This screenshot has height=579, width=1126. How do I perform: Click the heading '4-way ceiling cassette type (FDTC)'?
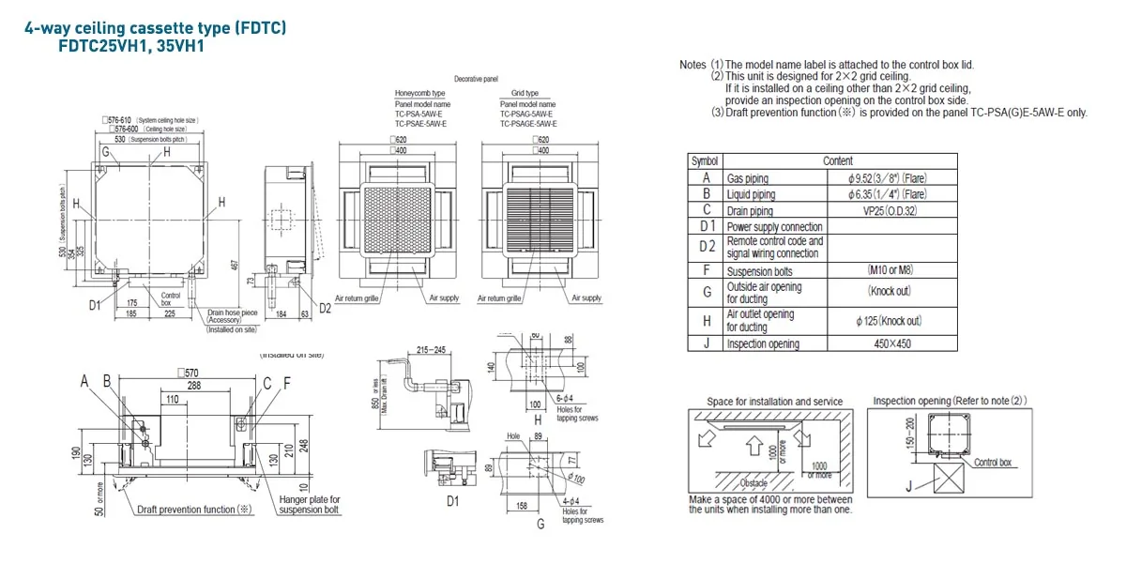click(155, 29)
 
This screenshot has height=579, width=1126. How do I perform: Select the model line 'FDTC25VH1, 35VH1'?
click(126, 46)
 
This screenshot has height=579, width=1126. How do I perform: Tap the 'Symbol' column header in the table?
click(705, 161)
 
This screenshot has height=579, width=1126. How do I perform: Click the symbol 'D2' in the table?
click(707, 247)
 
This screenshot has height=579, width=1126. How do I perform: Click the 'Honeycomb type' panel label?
click(419, 94)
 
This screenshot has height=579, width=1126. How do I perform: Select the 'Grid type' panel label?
click(525, 94)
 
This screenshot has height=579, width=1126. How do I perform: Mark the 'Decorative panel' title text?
click(476, 80)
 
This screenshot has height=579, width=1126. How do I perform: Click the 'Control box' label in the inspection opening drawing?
click(993, 463)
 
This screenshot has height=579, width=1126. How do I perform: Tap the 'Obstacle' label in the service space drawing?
click(753, 482)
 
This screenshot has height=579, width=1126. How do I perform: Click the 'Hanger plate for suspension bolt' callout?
click(309, 505)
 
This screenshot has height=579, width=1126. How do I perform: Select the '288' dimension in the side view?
click(193, 385)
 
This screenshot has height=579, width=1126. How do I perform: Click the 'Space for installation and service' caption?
click(775, 402)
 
